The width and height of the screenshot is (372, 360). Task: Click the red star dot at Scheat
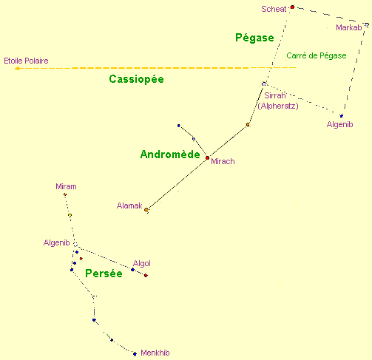tap(292, 7)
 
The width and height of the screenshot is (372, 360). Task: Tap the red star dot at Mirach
tap(207, 157)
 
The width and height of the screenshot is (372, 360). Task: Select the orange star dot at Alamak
tap(146, 210)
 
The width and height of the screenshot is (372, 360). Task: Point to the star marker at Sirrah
tap(264, 84)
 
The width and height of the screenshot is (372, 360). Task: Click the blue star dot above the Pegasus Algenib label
tap(341, 116)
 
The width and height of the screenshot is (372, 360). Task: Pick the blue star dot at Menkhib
tap(135, 354)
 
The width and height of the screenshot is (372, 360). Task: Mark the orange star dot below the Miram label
tap(65, 194)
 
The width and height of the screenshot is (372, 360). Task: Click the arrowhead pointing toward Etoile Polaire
tap(17, 69)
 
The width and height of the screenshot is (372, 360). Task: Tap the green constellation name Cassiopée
tap(136, 79)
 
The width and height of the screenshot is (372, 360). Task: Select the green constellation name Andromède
tap(170, 154)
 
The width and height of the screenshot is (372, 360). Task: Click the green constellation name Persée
tap(104, 274)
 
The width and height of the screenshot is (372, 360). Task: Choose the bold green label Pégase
tap(254, 38)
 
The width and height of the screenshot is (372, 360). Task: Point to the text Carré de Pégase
tap(317, 55)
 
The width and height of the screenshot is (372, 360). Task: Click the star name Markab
tap(349, 27)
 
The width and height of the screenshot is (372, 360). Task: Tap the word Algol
tap(142, 264)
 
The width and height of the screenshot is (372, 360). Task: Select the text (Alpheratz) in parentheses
tap(278, 106)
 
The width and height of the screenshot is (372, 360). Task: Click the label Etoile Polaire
tap(26, 61)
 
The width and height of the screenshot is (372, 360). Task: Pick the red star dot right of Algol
tap(146, 275)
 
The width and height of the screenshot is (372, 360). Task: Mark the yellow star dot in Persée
tap(70, 215)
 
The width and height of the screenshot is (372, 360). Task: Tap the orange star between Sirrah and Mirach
tap(248, 125)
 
